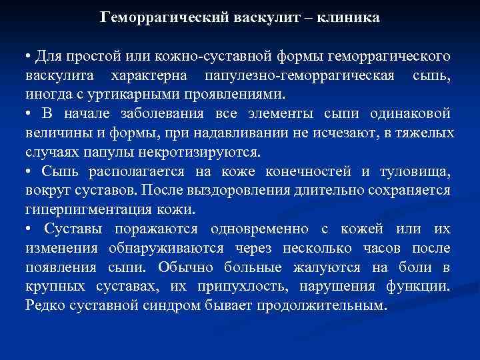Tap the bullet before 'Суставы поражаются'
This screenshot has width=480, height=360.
pos(28,229)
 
